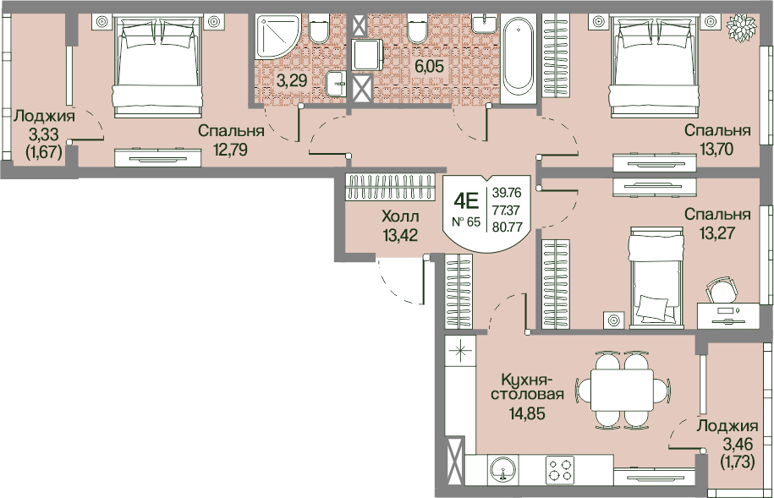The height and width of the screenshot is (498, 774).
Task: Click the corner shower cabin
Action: tap(277, 37)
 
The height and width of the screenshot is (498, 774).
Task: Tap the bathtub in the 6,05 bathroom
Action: tap(519, 59)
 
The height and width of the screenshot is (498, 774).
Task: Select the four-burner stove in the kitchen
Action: tap(560, 469)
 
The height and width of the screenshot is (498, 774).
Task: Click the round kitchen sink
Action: tap(502, 469)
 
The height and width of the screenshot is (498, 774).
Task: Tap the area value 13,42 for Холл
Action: tap(400, 235)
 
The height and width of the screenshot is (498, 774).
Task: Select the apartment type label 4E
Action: tap(466, 201)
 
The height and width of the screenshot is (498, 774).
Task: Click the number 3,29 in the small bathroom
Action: tap(292, 80)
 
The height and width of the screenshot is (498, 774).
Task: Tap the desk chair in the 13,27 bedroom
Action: tap(722, 290)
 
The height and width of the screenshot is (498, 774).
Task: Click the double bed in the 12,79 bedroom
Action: tap(158, 66)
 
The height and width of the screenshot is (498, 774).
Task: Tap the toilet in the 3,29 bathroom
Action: tap(319, 28)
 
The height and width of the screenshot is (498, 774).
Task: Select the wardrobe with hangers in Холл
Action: tap(390, 188)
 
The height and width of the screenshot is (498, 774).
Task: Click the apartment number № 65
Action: tap(466, 222)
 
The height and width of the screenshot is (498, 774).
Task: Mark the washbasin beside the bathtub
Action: tap(485, 23)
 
